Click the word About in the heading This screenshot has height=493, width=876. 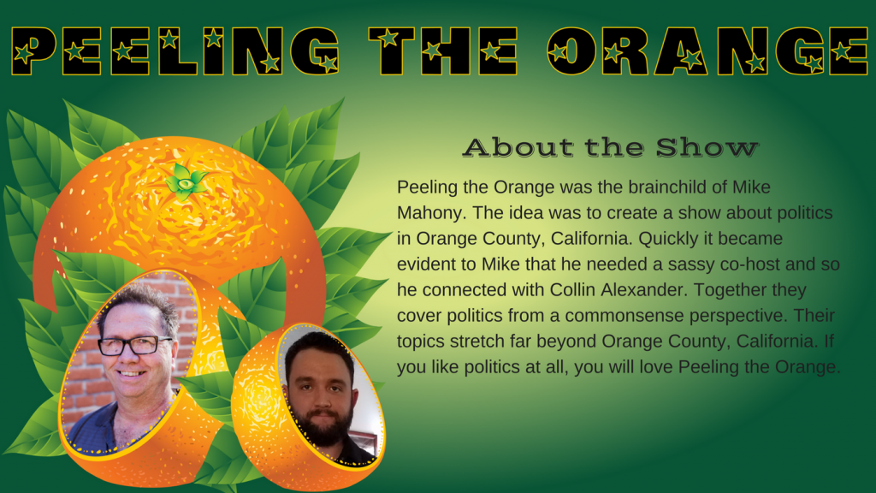(x=518, y=147)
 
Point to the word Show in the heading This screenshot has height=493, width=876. (x=707, y=147)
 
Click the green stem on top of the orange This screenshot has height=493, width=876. (x=185, y=181)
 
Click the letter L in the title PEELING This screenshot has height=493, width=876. (x=178, y=51)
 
